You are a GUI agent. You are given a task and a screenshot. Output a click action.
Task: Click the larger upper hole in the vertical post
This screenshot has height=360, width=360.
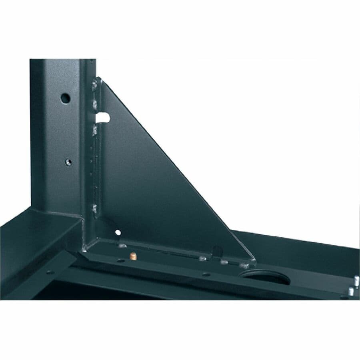point(66,98)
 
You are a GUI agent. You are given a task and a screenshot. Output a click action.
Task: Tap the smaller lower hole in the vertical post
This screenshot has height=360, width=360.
point(69,162)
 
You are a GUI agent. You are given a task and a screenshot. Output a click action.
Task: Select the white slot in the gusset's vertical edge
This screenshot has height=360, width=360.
point(103,118)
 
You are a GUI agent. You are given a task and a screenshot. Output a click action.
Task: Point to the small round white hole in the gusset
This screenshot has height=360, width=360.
point(118,232)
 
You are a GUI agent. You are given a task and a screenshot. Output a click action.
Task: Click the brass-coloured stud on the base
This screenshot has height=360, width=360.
point(133,256)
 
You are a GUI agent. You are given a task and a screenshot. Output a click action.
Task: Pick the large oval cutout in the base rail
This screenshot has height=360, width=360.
point(265,277)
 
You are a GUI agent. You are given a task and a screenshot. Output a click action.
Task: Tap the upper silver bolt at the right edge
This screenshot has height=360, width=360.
point(356,280)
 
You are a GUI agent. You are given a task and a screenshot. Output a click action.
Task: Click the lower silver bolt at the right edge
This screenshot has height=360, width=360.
point(351,291)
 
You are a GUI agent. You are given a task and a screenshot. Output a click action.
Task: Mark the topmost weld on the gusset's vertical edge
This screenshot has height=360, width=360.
point(95,85)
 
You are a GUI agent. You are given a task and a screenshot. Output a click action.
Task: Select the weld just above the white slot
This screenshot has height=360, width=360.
point(95,105)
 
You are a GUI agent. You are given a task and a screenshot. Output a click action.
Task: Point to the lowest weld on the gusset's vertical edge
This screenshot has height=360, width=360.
point(94,208)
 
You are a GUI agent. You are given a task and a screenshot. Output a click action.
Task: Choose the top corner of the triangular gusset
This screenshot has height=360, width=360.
point(100,78)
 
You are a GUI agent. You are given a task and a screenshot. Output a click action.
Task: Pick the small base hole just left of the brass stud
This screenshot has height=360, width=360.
point(120,260)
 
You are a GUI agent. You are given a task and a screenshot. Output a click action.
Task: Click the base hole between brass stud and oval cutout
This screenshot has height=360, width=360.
point(206,274)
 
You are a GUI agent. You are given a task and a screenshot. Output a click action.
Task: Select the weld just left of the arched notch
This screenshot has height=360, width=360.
point(203,258)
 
